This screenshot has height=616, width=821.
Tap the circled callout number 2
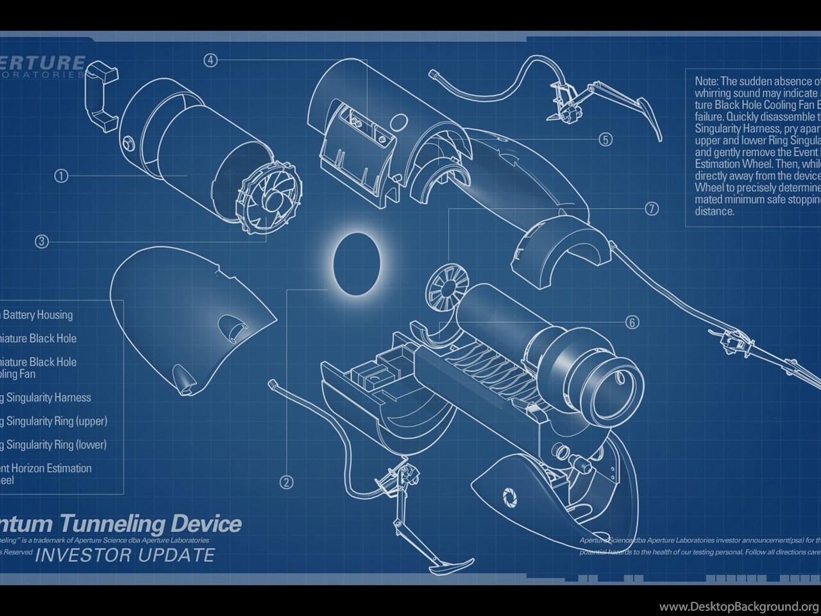(x=287, y=481)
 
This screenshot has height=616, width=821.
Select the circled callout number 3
(x=42, y=241)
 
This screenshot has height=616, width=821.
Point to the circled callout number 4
(x=211, y=60)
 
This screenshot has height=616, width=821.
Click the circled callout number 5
(x=605, y=139)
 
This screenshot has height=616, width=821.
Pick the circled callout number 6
(x=632, y=322)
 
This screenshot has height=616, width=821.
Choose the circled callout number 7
(x=652, y=209)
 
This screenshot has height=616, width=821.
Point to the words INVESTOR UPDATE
(x=124, y=555)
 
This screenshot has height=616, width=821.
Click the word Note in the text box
(x=707, y=81)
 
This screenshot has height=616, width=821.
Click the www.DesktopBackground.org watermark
(x=739, y=606)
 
